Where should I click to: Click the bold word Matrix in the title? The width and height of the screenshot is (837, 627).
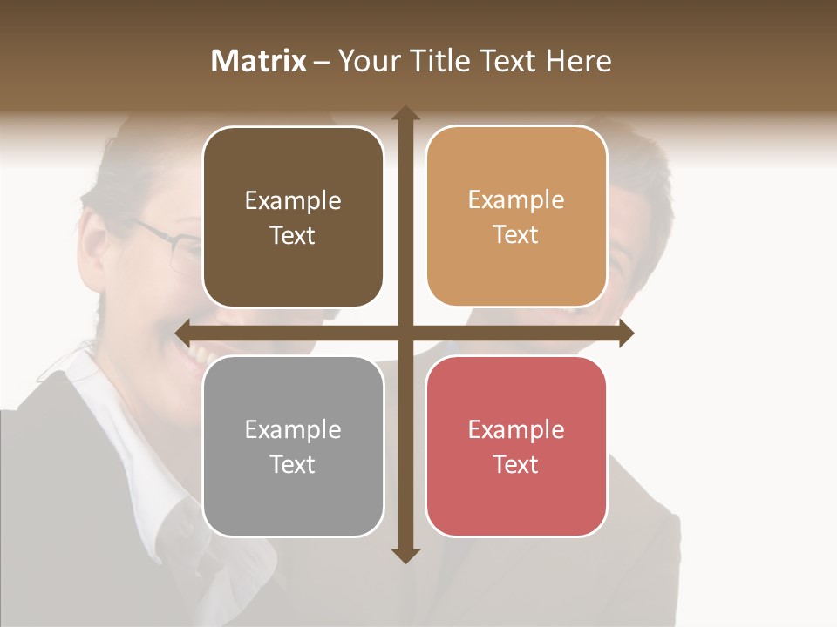click(259, 61)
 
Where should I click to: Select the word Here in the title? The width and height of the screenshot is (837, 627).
click(578, 61)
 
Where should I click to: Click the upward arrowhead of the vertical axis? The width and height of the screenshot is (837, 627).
click(405, 113)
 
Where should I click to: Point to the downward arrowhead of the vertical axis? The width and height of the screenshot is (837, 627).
click(405, 556)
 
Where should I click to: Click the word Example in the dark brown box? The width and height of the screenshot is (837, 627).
click(293, 201)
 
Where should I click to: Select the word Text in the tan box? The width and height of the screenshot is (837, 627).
click(516, 235)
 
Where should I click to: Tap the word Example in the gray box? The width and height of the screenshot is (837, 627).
click(293, 430)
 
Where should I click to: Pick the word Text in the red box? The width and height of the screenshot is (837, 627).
click(516, 465)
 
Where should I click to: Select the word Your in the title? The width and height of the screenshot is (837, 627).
click(370, 61)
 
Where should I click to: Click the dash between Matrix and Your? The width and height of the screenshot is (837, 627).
click(322, 62)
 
